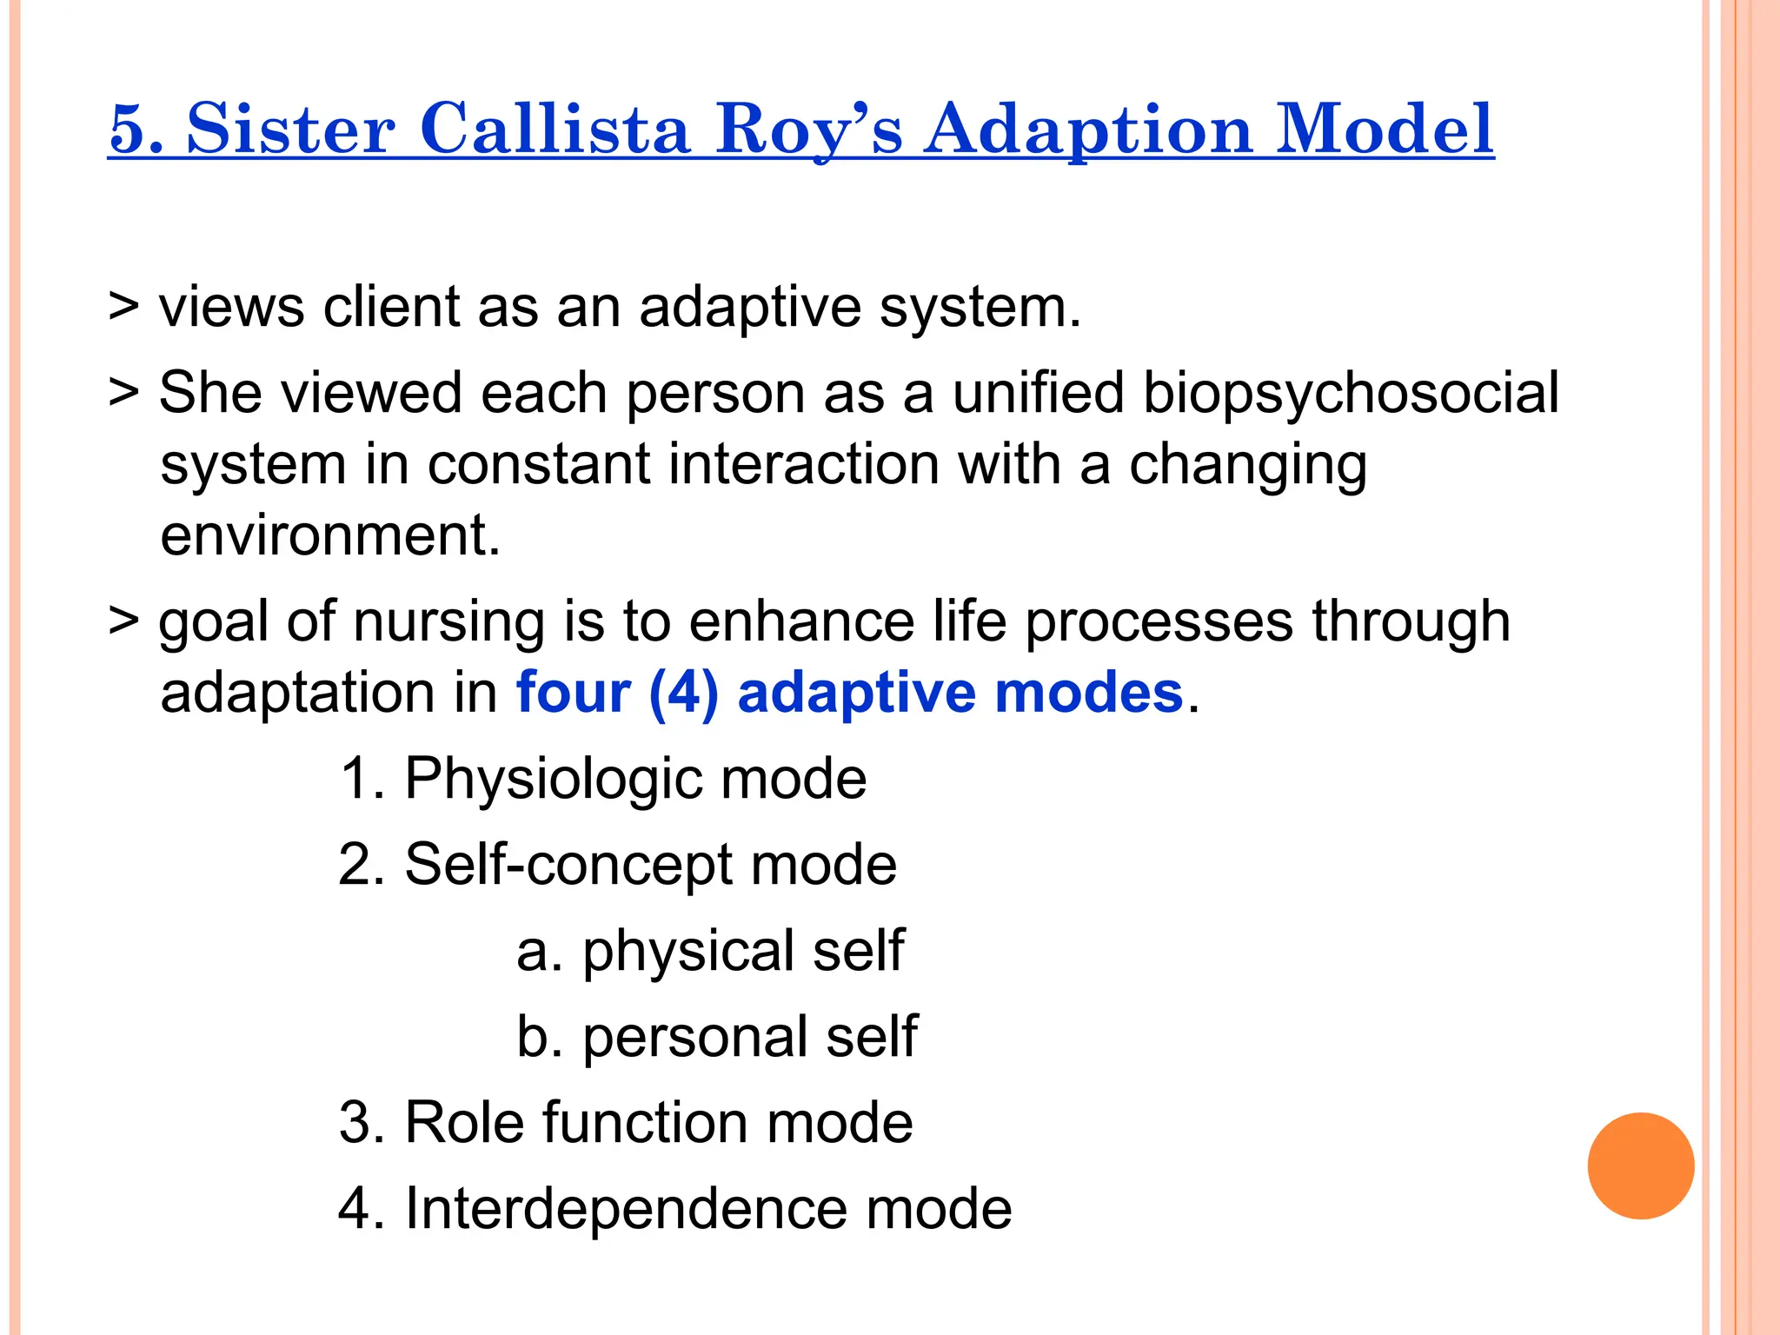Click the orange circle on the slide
point(1640,1166)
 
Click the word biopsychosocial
point(1350,394)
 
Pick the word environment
point(330,535)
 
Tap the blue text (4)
point(683,694)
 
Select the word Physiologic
point(553,779)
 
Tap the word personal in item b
point(694,1037)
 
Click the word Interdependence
point(626,1209)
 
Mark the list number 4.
point(356,1209)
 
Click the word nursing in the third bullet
point(448,622)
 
